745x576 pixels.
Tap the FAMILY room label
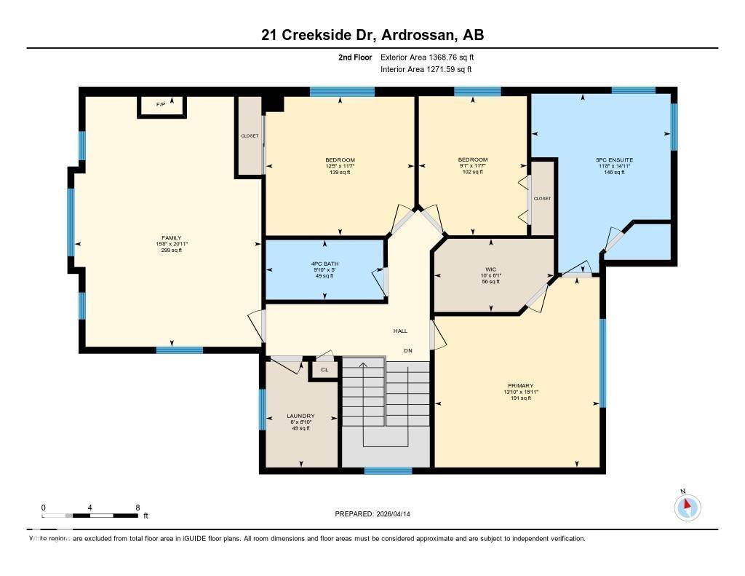coord(172,237)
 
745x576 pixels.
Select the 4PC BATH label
coord(324,264)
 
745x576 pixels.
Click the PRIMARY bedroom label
coord(520,386)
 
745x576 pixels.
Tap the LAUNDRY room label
coord(300,417)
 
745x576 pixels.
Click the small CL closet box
coord(324,370)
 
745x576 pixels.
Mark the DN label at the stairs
coord(408,350)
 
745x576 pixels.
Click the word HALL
coord(400,331)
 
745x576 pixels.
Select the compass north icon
coord(687,507)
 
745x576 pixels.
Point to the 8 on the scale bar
coord(138,507)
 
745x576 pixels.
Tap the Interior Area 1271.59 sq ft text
coord(426,69)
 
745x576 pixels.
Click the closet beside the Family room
coord(250,136)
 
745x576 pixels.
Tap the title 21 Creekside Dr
coord(317,34)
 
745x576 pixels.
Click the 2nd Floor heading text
coord(355,57)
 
